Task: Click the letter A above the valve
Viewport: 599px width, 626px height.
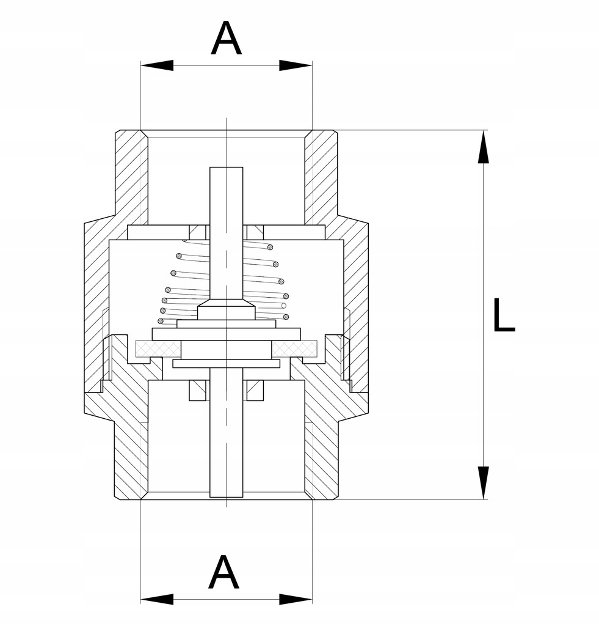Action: (x=226, y=39)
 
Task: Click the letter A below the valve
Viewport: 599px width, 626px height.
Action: (x=223, y=572)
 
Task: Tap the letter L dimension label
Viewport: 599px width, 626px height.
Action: (x=504, y=315)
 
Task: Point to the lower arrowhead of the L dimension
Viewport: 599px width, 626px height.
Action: (x=484, y=483)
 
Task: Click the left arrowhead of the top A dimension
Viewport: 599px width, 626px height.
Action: (x=157, y=65)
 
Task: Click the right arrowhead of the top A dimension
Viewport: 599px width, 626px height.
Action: (x=296, y=65)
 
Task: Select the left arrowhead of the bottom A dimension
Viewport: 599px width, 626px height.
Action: (x=157, y=599)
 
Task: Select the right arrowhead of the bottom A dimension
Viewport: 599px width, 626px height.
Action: (x=296, y=599)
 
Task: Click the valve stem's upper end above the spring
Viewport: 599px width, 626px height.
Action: (x=226, y=168)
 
